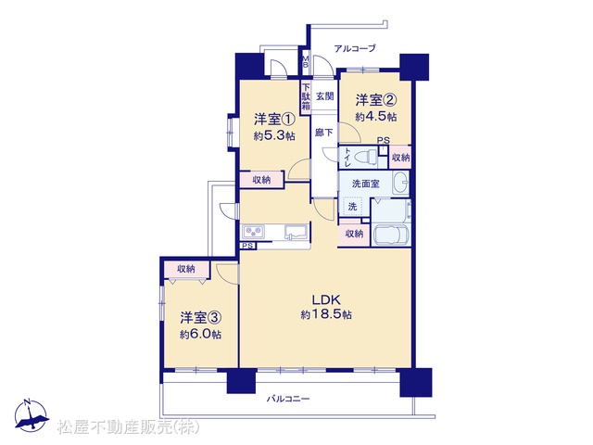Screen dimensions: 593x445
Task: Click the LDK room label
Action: click(326, 299)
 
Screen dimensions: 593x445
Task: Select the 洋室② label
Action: click(375, 100)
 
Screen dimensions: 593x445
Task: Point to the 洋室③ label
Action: click(200, 318)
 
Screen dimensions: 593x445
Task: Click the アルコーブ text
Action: click(355, 48)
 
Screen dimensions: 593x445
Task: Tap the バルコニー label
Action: click(288, 399)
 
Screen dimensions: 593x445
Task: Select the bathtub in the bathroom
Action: click(392, 235)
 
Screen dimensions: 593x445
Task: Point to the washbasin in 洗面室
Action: click(400, 183)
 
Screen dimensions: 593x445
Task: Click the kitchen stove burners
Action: click(254, 232)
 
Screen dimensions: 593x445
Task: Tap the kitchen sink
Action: click(296, 232)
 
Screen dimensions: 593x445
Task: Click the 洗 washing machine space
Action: click(352, 207)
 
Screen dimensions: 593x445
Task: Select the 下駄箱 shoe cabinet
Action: click(306, 96)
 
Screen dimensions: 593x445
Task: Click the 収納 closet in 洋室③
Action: click(186, 269)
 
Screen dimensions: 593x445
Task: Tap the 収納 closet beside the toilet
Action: click(400, 157)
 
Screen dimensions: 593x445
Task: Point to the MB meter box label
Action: click(305, 61)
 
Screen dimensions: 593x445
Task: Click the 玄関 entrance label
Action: click(324, 96)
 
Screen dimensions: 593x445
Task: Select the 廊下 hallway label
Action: click(324, 133)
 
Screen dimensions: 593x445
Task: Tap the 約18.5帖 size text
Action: click(326, 314)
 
